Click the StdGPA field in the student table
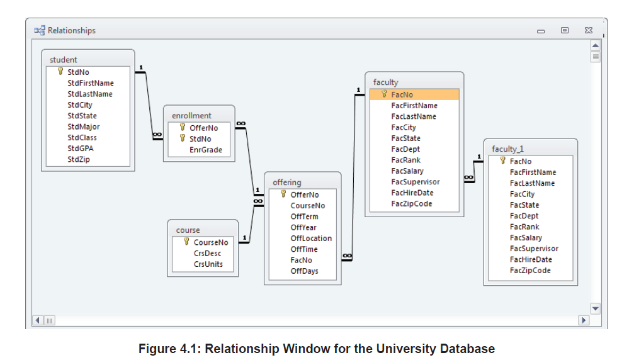(x=81, y=149)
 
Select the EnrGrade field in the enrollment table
(x=205, y=150)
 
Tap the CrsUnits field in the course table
(x=208, y=264)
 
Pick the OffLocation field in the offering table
(x=311, y=238)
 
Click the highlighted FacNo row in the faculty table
(x=414, y=94)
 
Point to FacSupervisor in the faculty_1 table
(x=534, y=249)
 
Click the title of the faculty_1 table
(x=507, y=149)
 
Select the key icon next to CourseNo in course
(x=186, y=242)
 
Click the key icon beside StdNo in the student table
(x=60, y=72)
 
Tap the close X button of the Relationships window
(x=588, y=30)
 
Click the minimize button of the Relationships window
(x=541, y=31)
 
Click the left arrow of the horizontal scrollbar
(x=38, y=320)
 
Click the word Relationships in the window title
(x=72, y=30)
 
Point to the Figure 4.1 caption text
(x=317, y=349)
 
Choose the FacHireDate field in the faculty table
(x=412, y=193)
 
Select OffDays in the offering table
(x=304, y=271)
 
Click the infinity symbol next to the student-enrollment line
(x=156, y=134)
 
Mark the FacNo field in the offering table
(x=301, y=260)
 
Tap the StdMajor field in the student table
(x=84, y=127)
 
